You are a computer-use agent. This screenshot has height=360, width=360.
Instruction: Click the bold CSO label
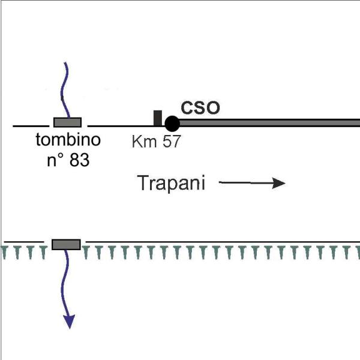(x=200, y=107)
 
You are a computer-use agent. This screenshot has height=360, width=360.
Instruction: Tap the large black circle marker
(x=172, y=124)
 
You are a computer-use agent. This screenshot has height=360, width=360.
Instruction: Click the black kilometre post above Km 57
(x=157, y=118)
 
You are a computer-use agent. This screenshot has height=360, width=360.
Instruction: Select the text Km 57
(x=156, y=141)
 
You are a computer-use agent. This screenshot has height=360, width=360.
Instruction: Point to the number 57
(x=172, y=141)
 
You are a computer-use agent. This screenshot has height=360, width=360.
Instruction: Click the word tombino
(x=68, y=140)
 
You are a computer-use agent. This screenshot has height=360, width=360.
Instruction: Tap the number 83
(x=79, y=160)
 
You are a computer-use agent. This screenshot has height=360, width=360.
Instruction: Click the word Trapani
(x=171, y=183)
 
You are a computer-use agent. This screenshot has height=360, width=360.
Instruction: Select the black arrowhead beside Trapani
(x=278, y=183)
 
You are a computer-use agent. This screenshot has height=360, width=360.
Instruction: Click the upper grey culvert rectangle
(x=67, y=122)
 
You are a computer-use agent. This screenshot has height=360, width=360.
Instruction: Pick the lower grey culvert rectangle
(x=66, y=245)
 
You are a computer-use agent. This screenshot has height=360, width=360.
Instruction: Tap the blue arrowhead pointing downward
(x=70, y=322)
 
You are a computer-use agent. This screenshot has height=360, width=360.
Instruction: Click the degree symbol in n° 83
(x=59, y=155)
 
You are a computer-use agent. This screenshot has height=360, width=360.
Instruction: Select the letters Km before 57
(x=144, y=141)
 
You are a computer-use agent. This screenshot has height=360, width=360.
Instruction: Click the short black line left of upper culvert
(x=31, y=126)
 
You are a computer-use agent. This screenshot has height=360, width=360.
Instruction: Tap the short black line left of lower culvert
(x=24, y=242)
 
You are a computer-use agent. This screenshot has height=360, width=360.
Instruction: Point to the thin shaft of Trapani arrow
(x=245, y=183)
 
